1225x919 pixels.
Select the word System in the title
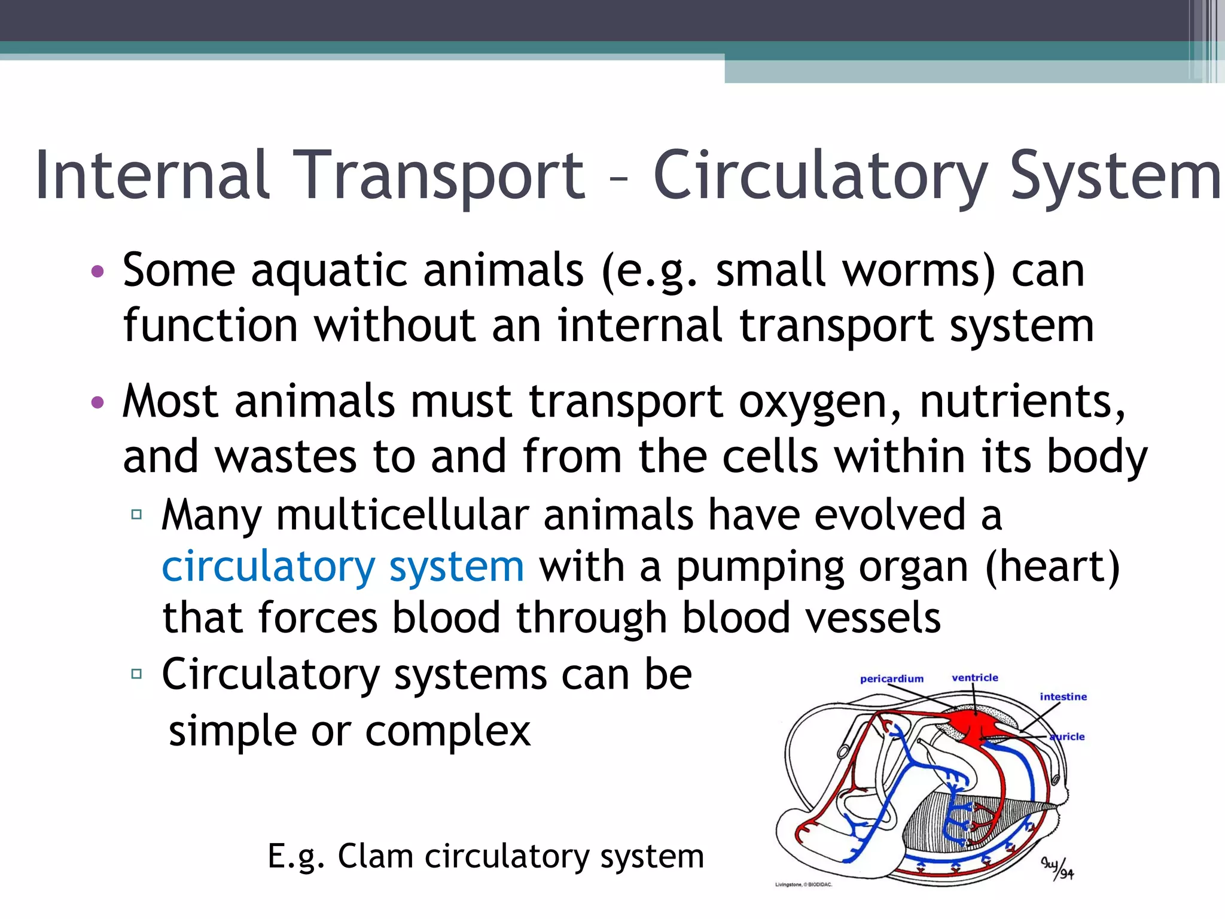pos(1116,175)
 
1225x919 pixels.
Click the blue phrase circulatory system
pos(343,566)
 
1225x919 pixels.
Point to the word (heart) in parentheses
pos(1052,566)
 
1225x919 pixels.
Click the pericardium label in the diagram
pos(891,678)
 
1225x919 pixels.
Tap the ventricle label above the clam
pos(975,677)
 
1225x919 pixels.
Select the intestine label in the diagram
pos(1063,696)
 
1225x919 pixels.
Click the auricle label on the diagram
pos(1068,737)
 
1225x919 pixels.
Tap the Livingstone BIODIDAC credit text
pos(803,884)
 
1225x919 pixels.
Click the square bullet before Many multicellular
pos(136,514)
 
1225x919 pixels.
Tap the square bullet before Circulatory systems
pos(136,674)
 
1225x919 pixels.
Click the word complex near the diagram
pos(448,731)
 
